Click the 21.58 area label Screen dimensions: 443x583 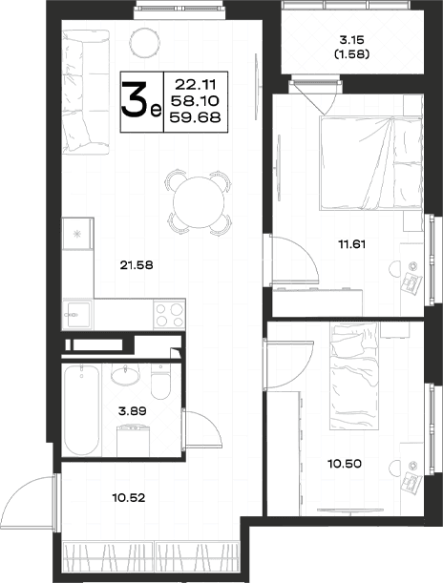137,265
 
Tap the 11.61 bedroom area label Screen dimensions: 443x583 352,244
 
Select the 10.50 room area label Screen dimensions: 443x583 345,464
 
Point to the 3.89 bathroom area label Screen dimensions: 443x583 132,411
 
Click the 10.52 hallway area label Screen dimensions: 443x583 128,497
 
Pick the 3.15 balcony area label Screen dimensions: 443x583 351,39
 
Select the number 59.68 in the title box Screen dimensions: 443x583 196,117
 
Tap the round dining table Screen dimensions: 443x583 199,202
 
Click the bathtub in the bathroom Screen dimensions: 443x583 81,410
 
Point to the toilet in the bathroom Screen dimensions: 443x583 160,382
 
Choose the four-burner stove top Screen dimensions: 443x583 170,315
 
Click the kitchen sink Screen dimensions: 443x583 77,315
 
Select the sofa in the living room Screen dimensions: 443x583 86,92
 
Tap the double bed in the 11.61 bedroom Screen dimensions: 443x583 370,163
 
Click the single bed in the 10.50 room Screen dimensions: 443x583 354,376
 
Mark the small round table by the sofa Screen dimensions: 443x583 145,43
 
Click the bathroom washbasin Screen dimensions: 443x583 126,376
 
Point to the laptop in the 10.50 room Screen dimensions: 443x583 412,485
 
